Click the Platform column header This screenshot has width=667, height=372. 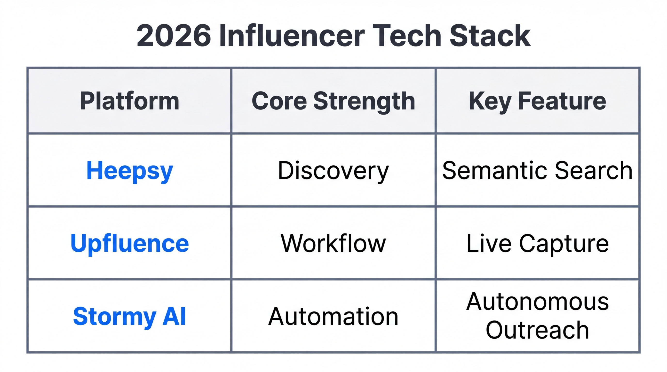(x=129, y=101)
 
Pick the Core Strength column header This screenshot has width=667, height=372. (x=333, y=101)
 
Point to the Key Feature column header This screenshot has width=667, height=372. (x=537, y=101)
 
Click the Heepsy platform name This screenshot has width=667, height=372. (x=129, y=171)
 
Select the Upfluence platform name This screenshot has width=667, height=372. (x=129, y=243)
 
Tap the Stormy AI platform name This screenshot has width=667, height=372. (x=129, y=316)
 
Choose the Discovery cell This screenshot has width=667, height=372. (x=333, y=171)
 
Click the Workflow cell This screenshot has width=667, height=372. (x=333, y=243)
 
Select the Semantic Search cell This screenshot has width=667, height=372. (x=537, y=171)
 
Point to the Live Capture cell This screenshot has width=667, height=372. (x=537, y=243)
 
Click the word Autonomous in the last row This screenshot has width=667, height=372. (x=537, y=302)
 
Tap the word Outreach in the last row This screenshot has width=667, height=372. (x=537, y=330)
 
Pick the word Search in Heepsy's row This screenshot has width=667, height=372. (x=594, y=171)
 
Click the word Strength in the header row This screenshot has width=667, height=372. (x=364, y=101)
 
